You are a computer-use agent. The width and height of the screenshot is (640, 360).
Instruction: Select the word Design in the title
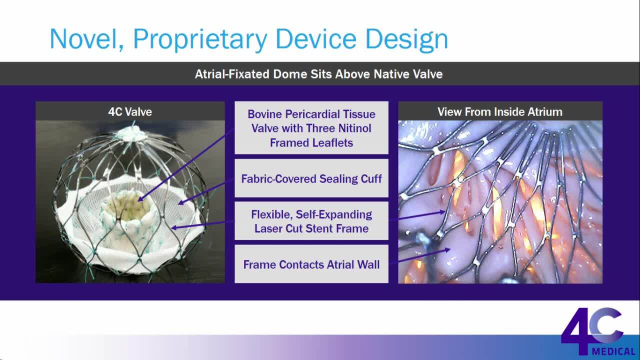click(406, 39)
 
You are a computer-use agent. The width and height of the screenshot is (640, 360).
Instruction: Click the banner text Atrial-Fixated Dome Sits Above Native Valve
click(319, 74)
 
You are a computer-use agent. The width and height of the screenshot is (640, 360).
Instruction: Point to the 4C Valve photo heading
click(130, 111)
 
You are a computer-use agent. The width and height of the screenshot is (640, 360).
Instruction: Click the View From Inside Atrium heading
click(500, 111)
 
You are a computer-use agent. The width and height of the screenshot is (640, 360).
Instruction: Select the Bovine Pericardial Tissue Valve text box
click(311, 127)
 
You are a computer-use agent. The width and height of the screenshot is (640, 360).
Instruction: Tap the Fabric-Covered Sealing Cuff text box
click(311, 178)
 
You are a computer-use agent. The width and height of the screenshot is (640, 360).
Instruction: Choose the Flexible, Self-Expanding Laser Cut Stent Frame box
click(311, 221)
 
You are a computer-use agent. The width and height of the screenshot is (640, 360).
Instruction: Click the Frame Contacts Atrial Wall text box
click(311, 264)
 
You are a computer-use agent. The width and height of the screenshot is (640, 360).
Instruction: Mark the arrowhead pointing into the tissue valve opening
click(140, 199)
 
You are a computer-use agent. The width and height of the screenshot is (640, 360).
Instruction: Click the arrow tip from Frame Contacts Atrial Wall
click(448, 249)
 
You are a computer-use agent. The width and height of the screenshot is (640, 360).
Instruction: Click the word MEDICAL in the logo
click(614, 351)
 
